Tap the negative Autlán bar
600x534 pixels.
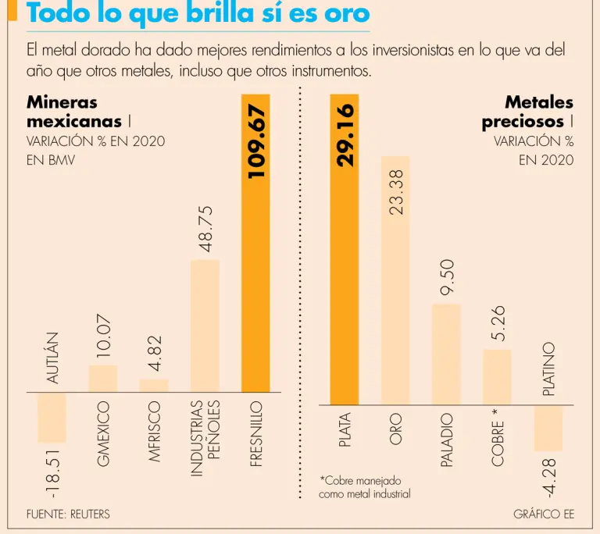pos(52,418)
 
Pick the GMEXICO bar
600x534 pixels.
pos(102,379)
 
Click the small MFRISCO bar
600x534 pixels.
pos(154,386)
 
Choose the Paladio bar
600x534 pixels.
pos(446,354)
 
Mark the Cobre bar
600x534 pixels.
pos(497,376)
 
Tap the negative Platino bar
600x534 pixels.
pos(548,427)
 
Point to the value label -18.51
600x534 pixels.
pos(52,472)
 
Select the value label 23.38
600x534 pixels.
pos(396,194)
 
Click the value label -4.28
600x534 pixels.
pos(548,479)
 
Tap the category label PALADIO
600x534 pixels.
pos(447,441)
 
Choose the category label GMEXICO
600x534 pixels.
pos(103,434)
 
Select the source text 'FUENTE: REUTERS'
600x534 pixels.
pos(68,514)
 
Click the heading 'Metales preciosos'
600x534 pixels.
pos(527,112)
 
